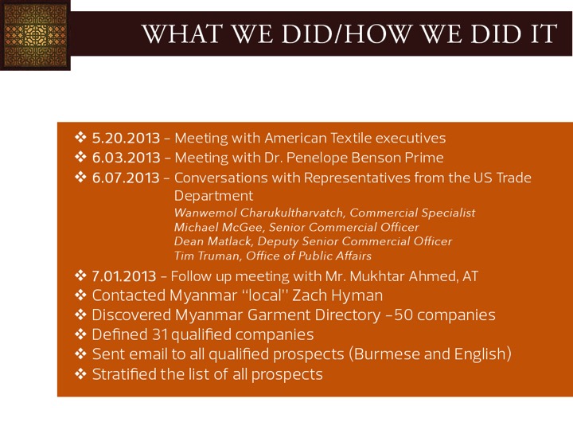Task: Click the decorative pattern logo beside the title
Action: tap(35, 35)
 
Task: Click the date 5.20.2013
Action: tap(126, 139)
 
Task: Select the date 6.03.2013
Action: tap(126, 158)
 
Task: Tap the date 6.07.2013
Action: tap(126, 178)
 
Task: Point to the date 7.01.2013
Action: tap(124, 276)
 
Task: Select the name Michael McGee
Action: tap(219, 227)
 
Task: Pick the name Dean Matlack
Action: tap(212, 241)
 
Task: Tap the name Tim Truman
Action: tap(207, 256)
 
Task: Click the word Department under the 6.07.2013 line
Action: tap(213, 197)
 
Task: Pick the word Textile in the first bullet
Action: tap(350, 139)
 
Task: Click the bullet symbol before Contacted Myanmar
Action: tap(80, 295)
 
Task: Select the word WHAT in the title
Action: tap(182, 33)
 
